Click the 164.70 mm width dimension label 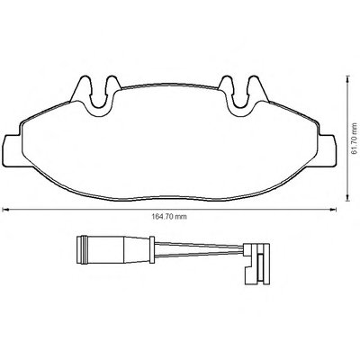click(x=168, y=217)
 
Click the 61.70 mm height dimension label click(x=355, y=139)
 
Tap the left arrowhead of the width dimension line click(x=4, y=210)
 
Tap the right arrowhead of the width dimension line click(x=333, y=210)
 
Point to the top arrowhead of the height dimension click(x=347, y=79)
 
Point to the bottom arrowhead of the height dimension click(x=347, y=197)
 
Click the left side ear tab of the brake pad click(x=13, y=150)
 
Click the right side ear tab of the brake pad click(x=327, y=150)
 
